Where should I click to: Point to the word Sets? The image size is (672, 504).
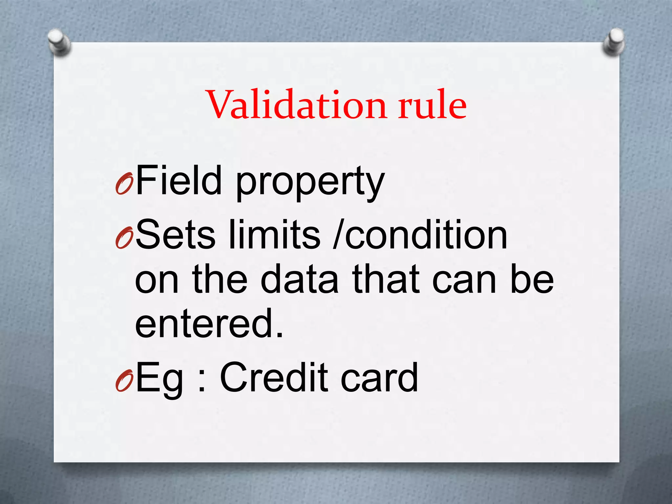click(175, 234)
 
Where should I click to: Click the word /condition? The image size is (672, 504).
click(420, 234)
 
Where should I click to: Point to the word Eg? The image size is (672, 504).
click(159, 379)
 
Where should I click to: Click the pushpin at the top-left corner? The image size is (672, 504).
click(59, 42)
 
